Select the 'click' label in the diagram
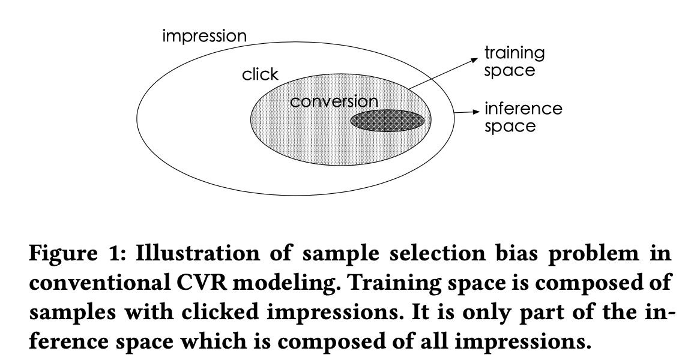coord(261,74)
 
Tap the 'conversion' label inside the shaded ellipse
coord(334,102)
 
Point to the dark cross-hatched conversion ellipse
coord(387,121)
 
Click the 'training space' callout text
coord(514,62)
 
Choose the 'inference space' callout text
coord(523,118)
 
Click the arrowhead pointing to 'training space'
coord(475,60)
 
